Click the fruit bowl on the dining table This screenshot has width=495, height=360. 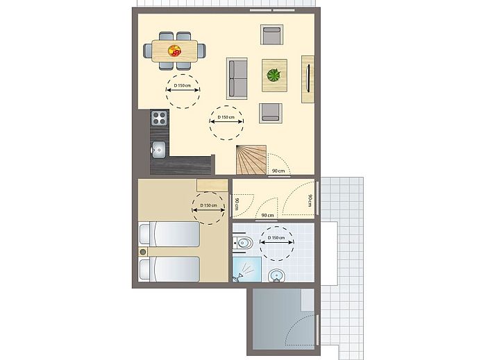point(174,51)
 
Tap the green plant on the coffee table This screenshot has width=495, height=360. point(274,76)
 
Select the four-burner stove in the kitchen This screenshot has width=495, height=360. point(159,118)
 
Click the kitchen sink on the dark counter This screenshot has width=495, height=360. point(158,149)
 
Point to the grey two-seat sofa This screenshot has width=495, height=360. point(237,78)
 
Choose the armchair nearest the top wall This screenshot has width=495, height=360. point(272,35)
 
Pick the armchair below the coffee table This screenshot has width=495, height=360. point(271,113)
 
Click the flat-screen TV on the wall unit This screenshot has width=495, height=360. point(308,78)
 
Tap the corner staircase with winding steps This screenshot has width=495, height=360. point(251,160)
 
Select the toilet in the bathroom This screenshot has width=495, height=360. point(242,243)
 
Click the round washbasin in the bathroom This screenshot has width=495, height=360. point(277,275)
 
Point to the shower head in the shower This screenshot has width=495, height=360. point(237,277)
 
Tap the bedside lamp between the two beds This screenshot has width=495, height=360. point(143,252)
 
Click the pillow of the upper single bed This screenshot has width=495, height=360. point(145,234)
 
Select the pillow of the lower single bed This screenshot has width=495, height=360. point(145,269)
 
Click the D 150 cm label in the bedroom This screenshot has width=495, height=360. point(209,205)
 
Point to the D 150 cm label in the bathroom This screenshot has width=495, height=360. point(276,238)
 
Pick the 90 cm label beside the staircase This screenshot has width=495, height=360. point(278,171)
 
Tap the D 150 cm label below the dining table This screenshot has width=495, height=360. point(183,85)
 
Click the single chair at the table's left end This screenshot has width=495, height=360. point(148,51)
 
